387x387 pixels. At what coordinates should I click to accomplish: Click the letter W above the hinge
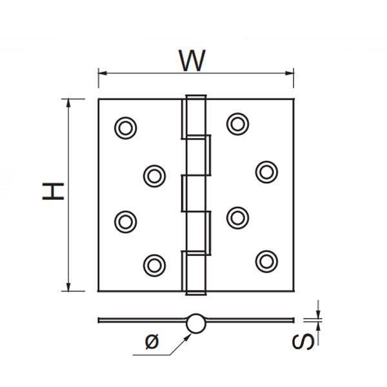pyautogui.click(x=192, y=61)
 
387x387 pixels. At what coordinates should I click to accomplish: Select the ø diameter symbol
pyautogui.click(x=152, y=341)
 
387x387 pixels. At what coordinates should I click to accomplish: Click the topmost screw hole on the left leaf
pyautogui.click(x=125, y=128)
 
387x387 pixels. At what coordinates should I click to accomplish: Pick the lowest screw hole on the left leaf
pyautogui.click(x=153, y=264)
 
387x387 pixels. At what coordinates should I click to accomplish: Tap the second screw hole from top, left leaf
pyautogui.click(x=154, y=175)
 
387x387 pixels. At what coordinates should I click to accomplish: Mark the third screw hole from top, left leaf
pyautogui.click(x=125, y=221)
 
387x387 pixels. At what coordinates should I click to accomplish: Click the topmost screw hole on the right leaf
pyautogui.click(x=237, y=123)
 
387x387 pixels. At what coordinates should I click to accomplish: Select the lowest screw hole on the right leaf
pyautogui.click(x=266, y=260)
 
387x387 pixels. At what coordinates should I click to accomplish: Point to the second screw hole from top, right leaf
pyautogui.click(x=266, y=171)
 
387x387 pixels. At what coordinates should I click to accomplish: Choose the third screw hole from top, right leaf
pyautogui.click(x=237, y=217)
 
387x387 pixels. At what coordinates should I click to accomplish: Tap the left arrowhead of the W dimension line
pyautogui.click(x=101, y=73)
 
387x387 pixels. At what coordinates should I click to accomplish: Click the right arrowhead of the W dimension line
pyautogui.click(x=291, y=73)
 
